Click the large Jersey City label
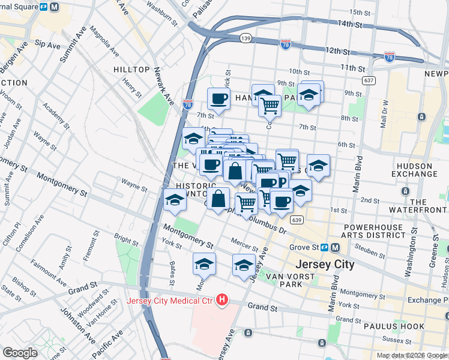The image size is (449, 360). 325,264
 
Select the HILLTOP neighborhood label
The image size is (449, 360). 131,70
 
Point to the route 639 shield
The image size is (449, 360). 295,220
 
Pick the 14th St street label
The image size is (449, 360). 351,25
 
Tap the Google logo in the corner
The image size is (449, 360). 20,353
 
